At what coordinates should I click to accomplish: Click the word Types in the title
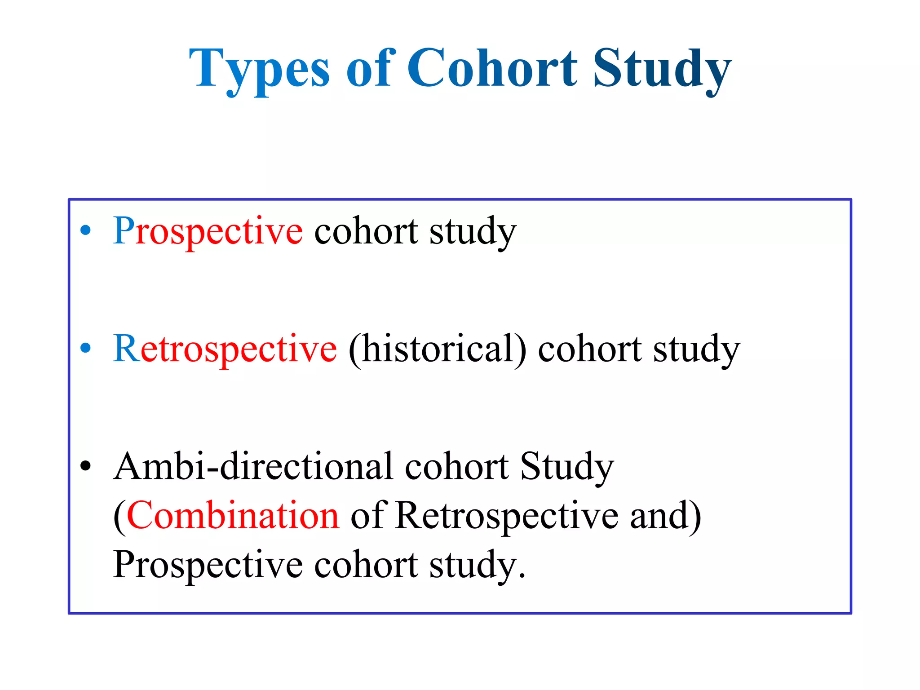[259, 70]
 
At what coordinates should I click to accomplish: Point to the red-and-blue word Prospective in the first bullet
[208, 231]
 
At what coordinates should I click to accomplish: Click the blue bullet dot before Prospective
[85, 231]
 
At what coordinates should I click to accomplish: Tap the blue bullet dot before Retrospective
[85, 348]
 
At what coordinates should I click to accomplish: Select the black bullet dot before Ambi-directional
[85, 466]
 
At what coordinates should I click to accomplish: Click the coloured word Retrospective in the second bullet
[225, 349]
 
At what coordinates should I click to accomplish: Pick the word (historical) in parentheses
[437, 349]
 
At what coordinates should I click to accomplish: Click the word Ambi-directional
[253, 466]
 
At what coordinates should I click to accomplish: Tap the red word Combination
[233, 516]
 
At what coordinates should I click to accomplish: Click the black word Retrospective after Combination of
[507, 516]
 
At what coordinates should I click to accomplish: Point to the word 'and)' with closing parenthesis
[665, 516]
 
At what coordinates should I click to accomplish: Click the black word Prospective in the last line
[208, 565]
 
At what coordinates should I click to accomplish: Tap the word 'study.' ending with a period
[477, 565]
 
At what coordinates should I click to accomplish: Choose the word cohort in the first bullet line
[366, 231]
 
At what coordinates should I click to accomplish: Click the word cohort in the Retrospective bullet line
[589, 349]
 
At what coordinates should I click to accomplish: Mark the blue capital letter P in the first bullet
[123, 230]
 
